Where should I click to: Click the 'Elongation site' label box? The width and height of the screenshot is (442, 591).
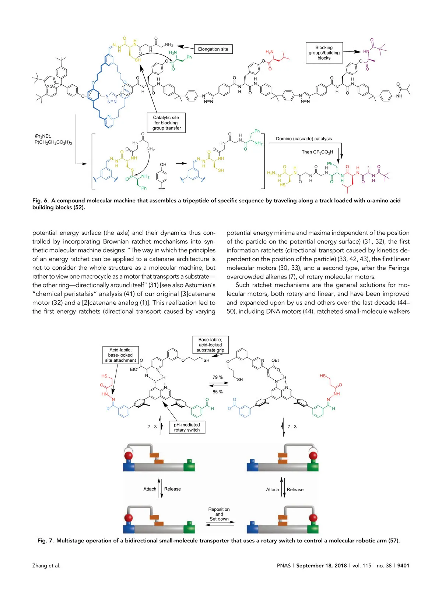click(213, 49)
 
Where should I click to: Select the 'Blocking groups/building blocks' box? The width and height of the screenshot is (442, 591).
click(324, 53)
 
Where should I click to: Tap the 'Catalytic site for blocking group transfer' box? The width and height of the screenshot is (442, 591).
click(166, 123)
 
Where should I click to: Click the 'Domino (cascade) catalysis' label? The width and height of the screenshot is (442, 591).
click(304, 139)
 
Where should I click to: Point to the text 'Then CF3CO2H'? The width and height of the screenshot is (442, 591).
click(317, 152)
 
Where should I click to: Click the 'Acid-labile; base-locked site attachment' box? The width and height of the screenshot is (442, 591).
click(120, 355)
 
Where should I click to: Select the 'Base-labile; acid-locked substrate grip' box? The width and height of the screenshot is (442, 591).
click(210, 345)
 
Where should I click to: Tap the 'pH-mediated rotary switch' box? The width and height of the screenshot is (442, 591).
click(187, 427)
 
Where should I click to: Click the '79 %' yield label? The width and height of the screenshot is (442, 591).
click(218, 377)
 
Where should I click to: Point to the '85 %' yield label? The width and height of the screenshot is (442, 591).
click(218, 392)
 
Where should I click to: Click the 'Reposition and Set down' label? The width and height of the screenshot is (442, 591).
click(219, 514)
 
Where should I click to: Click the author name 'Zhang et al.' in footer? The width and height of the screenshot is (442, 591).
click(46, 566)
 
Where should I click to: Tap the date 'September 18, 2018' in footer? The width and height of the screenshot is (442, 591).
click(321, 566)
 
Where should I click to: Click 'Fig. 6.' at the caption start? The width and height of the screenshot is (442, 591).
click(40, 201)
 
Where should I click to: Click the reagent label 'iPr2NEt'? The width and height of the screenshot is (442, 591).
click(43, 136)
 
